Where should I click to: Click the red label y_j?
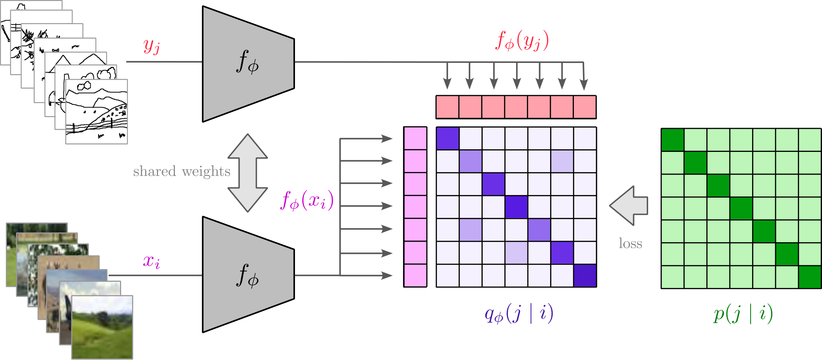click(152, 46)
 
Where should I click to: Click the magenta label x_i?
click(152, 261)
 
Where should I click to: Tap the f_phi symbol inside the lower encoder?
click(247, 276)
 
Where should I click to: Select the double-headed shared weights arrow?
click(248, 173)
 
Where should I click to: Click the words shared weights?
click(182, 171)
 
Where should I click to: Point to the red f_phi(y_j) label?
click(522, 41)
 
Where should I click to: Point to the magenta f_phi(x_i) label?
click(307, 200)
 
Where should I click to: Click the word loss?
click(630, 244)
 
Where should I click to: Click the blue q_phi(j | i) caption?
click(519, 314)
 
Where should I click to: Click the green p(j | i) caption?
click(743, 314)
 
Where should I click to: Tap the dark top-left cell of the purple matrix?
click(448, 138)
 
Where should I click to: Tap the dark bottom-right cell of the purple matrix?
click(585, 276)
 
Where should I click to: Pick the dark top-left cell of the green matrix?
click(673, 140)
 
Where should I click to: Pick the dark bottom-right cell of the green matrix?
click(810, 277)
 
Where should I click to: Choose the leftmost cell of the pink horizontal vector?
click(447, 107)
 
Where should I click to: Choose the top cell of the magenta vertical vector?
click(415, 138)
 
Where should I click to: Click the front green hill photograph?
click(102, 327)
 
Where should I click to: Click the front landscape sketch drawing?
click(97, 112)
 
